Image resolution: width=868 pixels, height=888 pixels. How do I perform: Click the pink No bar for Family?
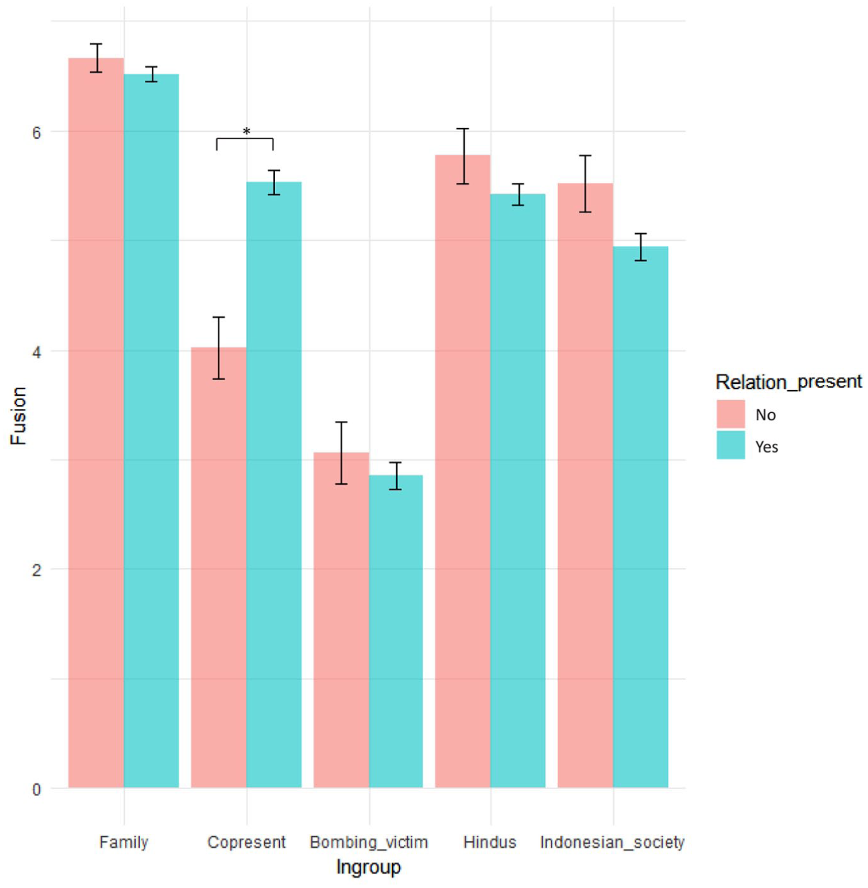[x=96, y=422]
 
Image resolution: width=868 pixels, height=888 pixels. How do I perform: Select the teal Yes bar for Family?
[x=151, y=430]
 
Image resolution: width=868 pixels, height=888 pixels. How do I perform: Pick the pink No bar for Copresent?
[x=219, y=567]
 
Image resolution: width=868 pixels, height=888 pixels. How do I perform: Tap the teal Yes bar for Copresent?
[x=274, y=485]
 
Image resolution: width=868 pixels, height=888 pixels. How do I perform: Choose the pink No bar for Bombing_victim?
[x=342, y=620]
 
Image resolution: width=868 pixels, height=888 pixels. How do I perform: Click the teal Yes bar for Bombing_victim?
[x=396, y=631]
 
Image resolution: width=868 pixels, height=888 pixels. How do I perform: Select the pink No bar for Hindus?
[x=463, y=471]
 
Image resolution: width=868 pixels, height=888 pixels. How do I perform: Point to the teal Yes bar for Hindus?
[x=518, y=490]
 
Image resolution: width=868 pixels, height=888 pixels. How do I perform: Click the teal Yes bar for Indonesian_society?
[x=640, y=517]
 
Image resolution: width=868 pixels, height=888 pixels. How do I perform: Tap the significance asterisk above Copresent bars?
[x=246, y=132]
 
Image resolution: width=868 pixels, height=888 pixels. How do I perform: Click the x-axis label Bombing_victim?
[x=369, y=841]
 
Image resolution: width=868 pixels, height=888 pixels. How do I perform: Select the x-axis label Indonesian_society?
[x=612, y=841]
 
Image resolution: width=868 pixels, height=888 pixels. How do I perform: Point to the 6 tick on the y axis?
[x=37, y=133]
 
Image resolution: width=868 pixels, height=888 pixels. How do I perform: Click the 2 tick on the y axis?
[x=37, y=570]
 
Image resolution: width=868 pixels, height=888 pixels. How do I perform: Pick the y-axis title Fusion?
[x=19, y=415]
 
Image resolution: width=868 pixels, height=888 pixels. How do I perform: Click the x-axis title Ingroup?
[x=368, y=867]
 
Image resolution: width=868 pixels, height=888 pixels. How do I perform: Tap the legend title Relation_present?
[x=789, y=381]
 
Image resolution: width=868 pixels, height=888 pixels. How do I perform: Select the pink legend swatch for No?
[x=731, y=414]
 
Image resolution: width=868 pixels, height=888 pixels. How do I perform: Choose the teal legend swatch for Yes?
[x=731, y=445]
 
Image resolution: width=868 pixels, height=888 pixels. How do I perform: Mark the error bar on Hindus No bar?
[x=463, y=156]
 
